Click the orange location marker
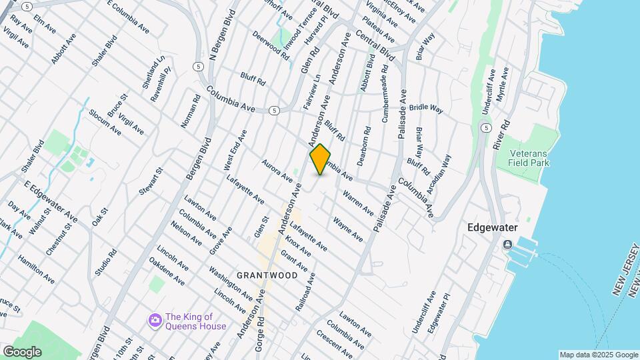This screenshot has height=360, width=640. [321, 159]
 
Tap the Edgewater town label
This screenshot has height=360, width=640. [493, 227]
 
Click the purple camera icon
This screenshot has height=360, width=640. [155, 321]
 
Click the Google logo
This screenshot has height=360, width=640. [21, 351]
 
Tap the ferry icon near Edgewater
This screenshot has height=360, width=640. [508, 244]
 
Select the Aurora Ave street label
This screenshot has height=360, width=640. [277, 171]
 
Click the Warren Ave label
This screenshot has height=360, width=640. [358, 203]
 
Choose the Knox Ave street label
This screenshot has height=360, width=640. [298, 246]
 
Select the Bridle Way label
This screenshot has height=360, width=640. [427, 107]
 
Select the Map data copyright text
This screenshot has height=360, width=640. [598, 355]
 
